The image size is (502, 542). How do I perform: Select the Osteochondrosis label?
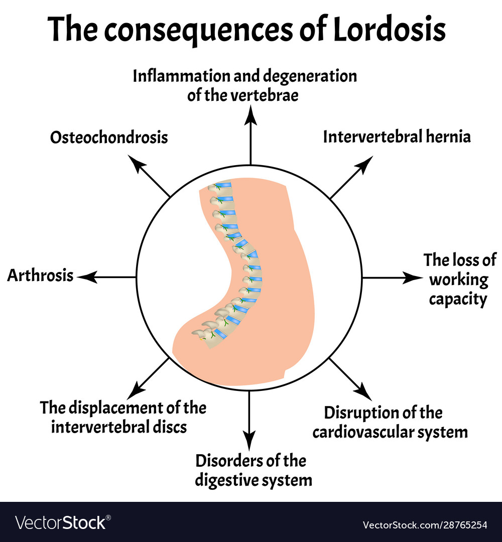[x=109, y=138]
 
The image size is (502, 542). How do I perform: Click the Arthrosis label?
[x=40, y=276]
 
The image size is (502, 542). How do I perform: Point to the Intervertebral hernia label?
[x=397, y=137]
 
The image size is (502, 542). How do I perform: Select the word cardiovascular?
[x=382, y=432]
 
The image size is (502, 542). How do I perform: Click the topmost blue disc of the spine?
[x=223, y=186]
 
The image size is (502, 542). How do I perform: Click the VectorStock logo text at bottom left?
[x=61, y=523]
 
